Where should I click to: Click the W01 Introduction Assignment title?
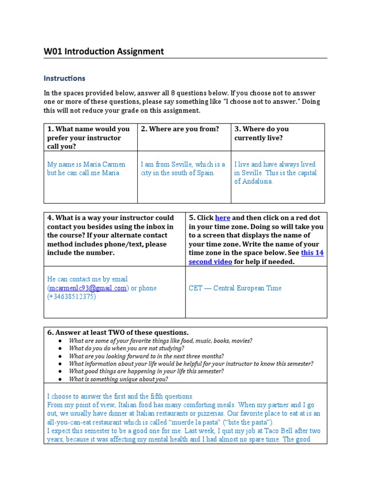pos(104,51)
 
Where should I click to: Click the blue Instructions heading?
pos(64,78)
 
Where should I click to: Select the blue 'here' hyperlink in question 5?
pos(223,218)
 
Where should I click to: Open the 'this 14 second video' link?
pos(256,257)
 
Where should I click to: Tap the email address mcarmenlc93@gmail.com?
pos(88,288)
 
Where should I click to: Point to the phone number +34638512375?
pos(71,297)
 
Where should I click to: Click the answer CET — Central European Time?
pos(235,288)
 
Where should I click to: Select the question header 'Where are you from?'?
pos(180,129)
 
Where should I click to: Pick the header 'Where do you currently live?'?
pos(261,133)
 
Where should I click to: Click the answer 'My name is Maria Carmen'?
pos(86,165)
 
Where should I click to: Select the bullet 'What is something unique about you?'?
pos(118,379)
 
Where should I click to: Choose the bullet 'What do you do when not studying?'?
pos(126,348)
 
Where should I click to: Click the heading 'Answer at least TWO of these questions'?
pos(118,332)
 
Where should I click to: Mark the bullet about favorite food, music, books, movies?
pos(160,341)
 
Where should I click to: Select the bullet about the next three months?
pos(146,356)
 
